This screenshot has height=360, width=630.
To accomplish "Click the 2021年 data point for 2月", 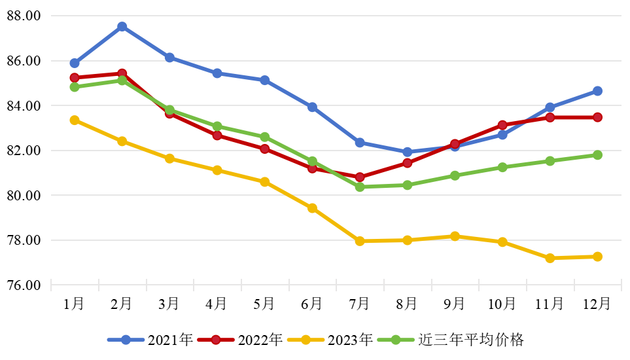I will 122,27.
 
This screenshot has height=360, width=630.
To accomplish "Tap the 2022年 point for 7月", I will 360,177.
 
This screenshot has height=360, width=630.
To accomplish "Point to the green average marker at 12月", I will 597,155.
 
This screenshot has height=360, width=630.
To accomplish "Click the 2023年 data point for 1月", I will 75,120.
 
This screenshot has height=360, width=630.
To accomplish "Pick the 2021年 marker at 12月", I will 597,91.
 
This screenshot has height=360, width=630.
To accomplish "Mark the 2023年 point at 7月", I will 360,241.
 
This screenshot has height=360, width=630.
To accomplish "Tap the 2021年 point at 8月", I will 407,152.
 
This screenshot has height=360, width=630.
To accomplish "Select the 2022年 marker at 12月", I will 597,117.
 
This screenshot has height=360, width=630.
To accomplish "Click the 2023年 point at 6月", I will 312,208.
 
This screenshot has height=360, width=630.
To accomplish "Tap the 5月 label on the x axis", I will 264,304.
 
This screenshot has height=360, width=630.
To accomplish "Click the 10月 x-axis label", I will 502,304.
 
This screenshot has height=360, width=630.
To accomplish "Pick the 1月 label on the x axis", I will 74,304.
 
